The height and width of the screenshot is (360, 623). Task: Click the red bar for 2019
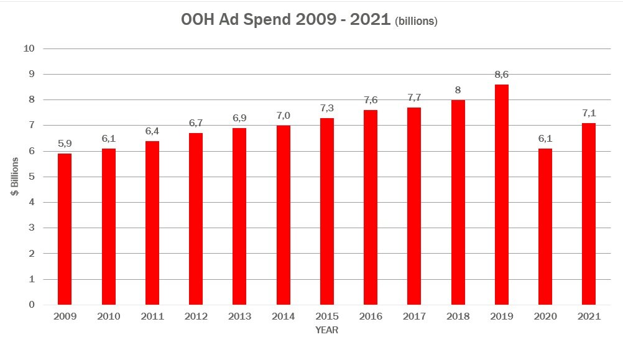pyautogui.click(x=501, y=195)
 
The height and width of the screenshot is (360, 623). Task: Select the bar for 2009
pyautogui.click(x=65, y=229)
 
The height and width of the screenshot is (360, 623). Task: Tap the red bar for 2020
pyautogui.click(x=545, y=226)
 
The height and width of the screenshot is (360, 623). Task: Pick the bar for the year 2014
pyautogui.click(x=283, y=215)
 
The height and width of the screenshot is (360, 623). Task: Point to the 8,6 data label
pyautogui.click(x=501, y=75)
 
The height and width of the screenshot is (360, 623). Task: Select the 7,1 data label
pyautogui.click(x=588, y=113)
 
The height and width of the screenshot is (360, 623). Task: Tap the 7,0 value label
pyautogui.click(x=283, y=116)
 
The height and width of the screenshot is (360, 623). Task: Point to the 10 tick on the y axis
pyautogui.click(x=29, y=48)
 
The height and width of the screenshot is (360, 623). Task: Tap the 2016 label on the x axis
pyautogui.click(x=370, y=316)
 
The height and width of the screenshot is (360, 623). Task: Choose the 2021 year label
pyautogui.click(x=588, y=316)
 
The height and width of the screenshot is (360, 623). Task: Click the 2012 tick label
pyautogui.click(x=195, y=316)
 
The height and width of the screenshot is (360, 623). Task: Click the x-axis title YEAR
pyautogui.click(x=326, y=330)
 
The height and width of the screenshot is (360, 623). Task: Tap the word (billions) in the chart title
pyautogui.click(x=417, y=21)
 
